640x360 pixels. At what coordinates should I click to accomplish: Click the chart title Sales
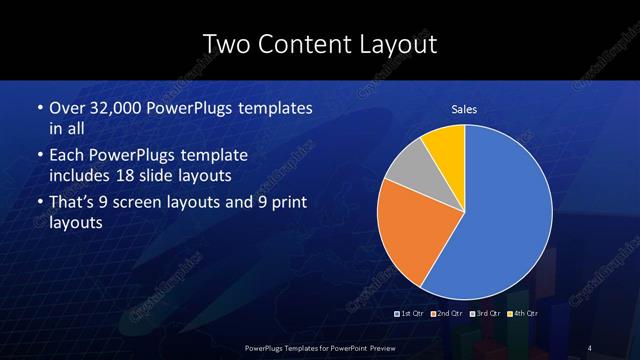[464, 109]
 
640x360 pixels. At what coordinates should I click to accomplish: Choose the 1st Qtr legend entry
[412, 313]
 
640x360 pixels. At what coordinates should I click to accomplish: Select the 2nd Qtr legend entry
[448, 313]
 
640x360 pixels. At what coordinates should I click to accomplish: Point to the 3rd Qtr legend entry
[485, 313]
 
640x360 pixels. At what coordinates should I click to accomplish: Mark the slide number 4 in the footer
[590, 346]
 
